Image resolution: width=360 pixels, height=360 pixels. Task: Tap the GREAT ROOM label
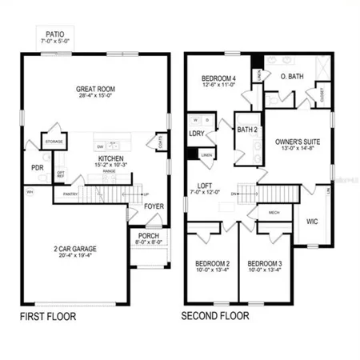(97, 90)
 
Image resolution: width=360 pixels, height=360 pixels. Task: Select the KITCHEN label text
(112, 159)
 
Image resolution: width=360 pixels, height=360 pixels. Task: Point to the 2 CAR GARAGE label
(75, 248)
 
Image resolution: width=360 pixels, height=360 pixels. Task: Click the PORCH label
(150, 235)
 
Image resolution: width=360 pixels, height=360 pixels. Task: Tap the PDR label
(36, 168)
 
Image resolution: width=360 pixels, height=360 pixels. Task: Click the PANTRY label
(70, 193)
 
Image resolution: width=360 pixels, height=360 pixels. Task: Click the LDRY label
(197, 134)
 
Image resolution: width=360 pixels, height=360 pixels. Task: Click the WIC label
(313, 220)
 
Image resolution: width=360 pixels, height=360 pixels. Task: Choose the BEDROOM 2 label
(212, 263)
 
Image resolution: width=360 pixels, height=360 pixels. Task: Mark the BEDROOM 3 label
(265, 263)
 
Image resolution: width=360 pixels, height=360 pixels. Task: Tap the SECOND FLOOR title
(215, 317)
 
